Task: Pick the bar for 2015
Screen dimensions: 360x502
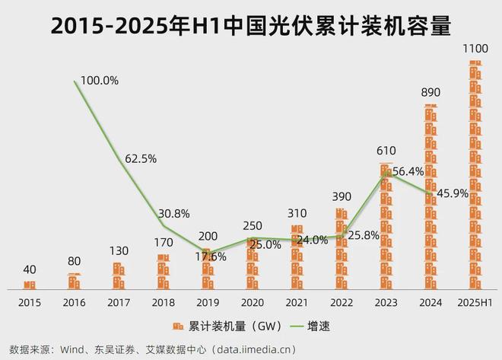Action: coord(30,285)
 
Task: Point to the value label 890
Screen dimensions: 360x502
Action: coord(431,92)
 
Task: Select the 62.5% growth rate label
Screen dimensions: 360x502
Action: coord(139,158)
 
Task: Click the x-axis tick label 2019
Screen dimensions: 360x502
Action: coord(207,303)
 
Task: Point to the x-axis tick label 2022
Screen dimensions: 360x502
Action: coord(342,303)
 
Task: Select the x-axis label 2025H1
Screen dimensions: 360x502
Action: coord(475,303)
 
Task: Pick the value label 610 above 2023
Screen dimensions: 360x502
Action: coord(386,151)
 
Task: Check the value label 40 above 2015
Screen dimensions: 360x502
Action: coord(30,269)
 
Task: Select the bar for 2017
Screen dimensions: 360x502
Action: coord(118,276)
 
